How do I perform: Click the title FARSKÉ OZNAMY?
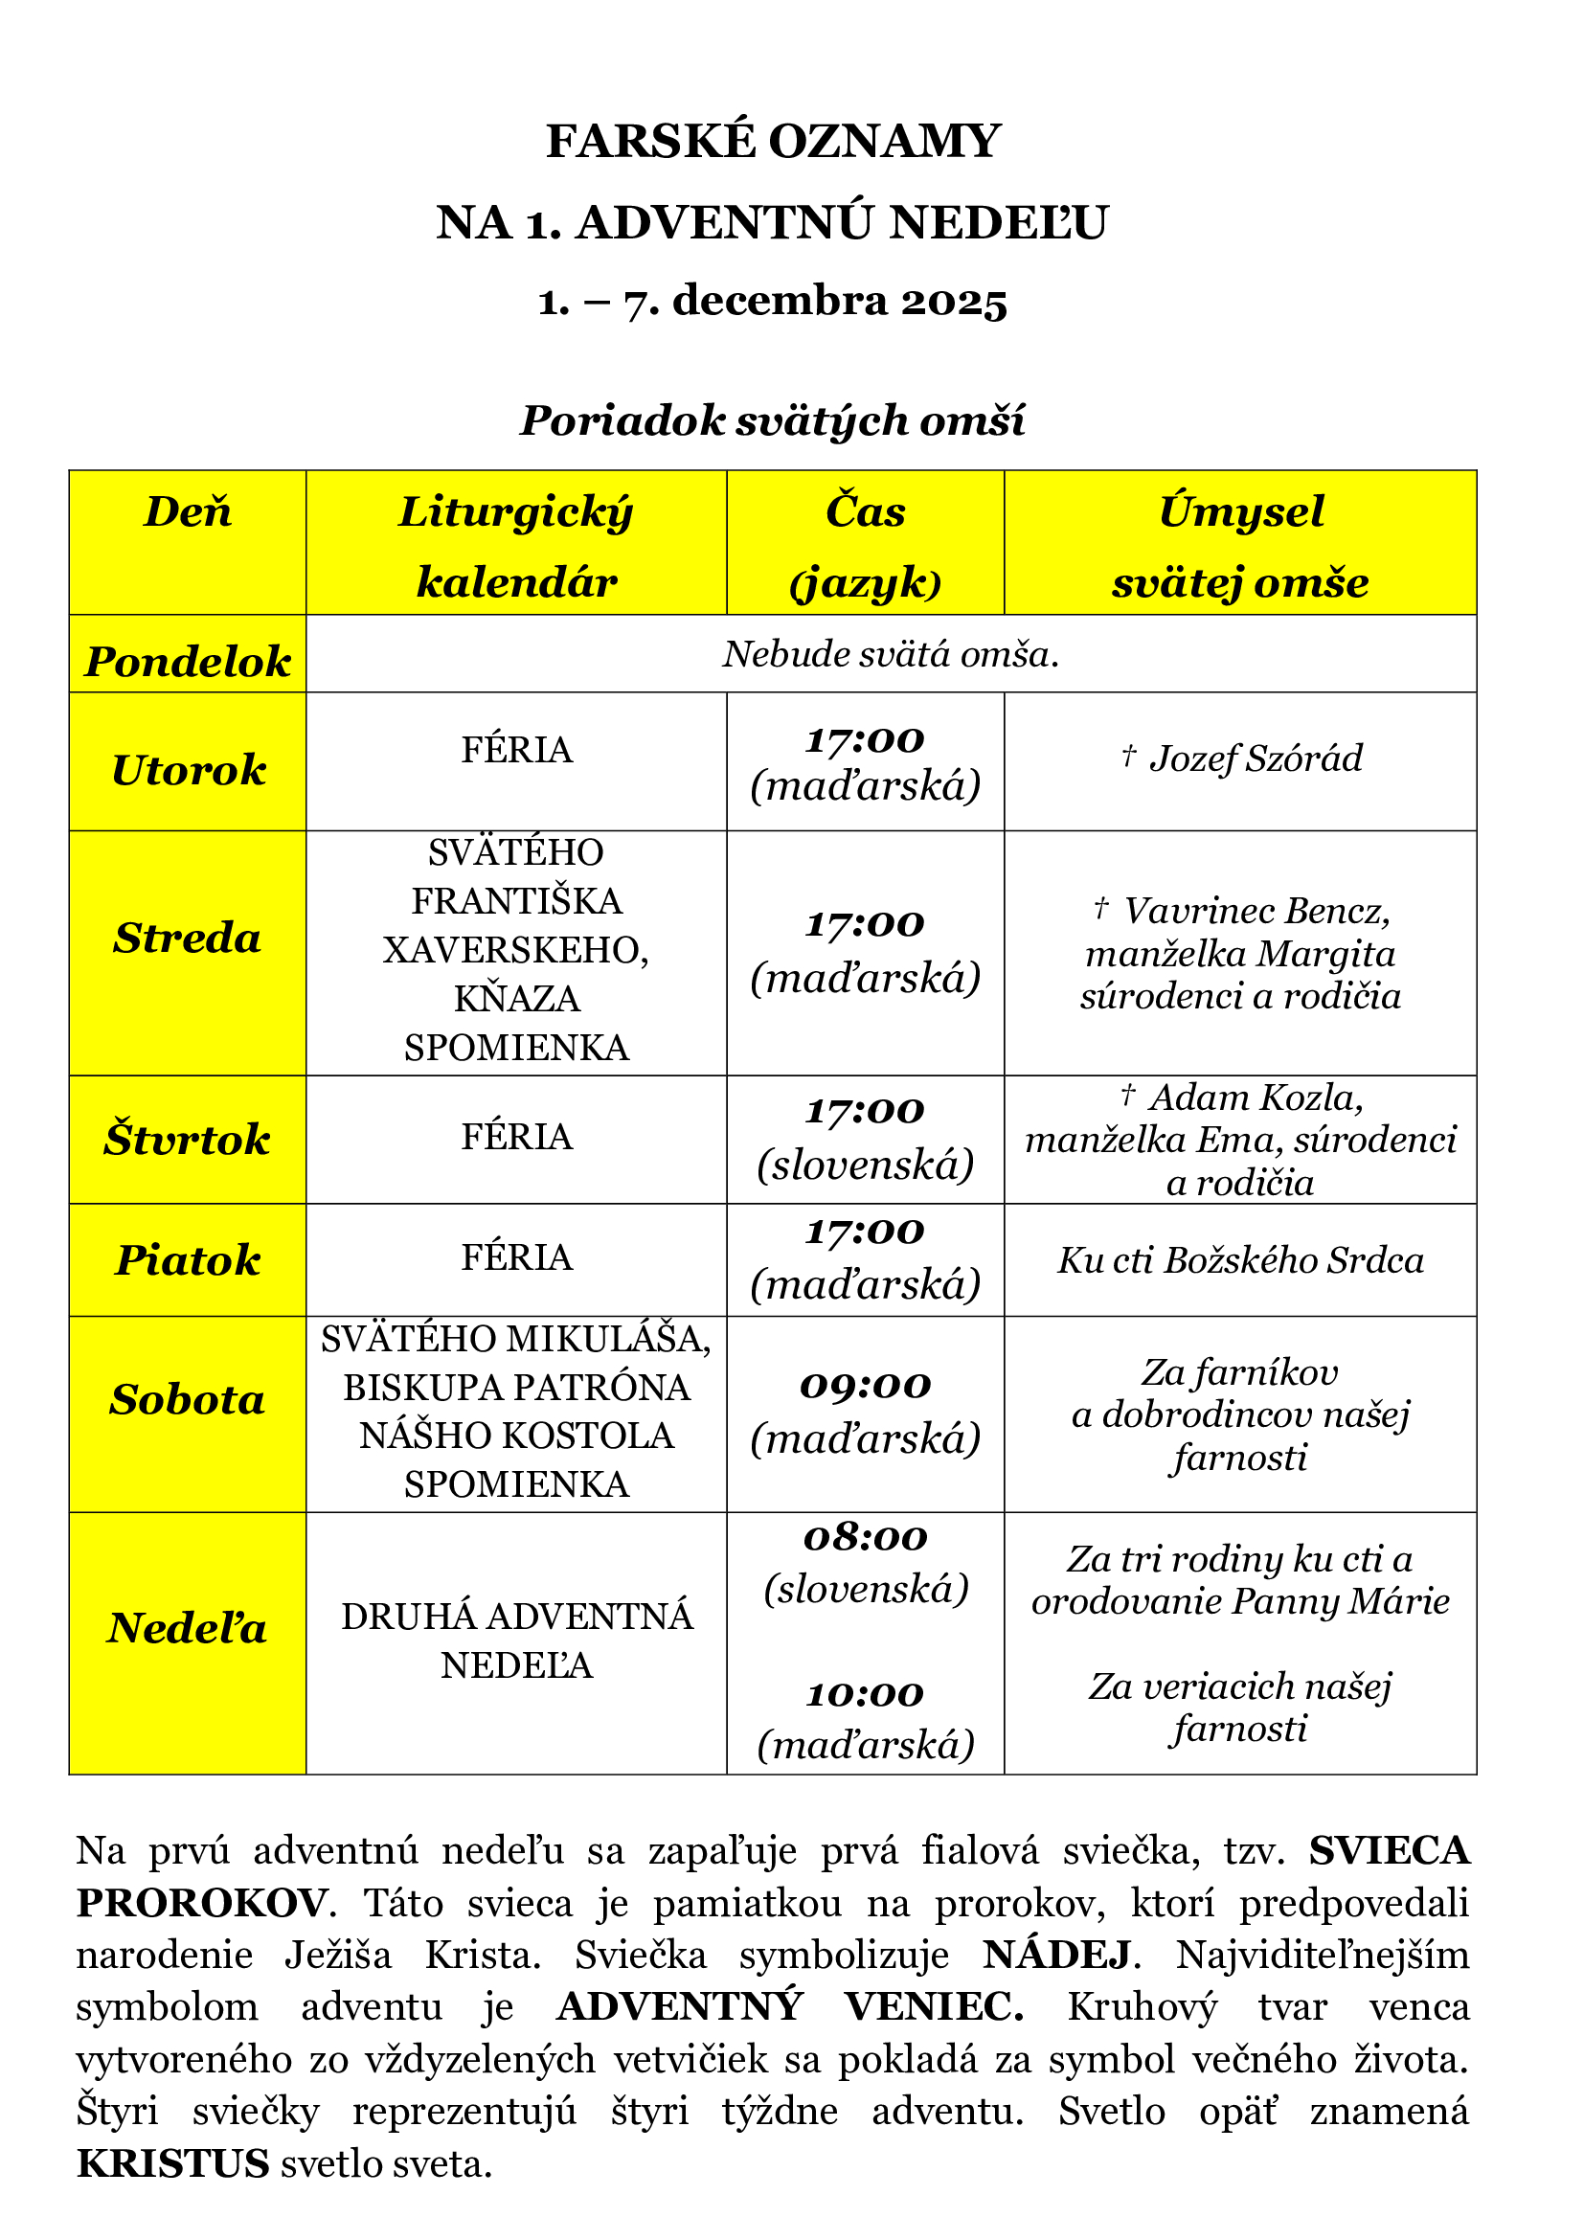[773, 142]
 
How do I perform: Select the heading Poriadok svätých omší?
[773, 421]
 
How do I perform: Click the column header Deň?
[188, 512]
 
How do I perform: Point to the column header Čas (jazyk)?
[865, 546]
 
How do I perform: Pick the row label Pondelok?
[188, 663]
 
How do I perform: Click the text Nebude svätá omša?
[891, 655]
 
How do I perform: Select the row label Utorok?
[188, 771]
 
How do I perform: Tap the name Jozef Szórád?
[1256, 759]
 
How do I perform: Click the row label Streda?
[188, 939]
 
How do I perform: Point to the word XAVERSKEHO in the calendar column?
[516, 950]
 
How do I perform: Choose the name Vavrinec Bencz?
[1256, 911]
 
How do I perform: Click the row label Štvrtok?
[188, 1140]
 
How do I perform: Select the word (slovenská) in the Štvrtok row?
[865, 1165]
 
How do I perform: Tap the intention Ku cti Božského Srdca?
[1240, 1260]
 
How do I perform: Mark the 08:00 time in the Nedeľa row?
[865, 1539]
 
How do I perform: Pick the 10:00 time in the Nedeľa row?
[865, 1695]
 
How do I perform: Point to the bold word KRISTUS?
[172, 2164]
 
